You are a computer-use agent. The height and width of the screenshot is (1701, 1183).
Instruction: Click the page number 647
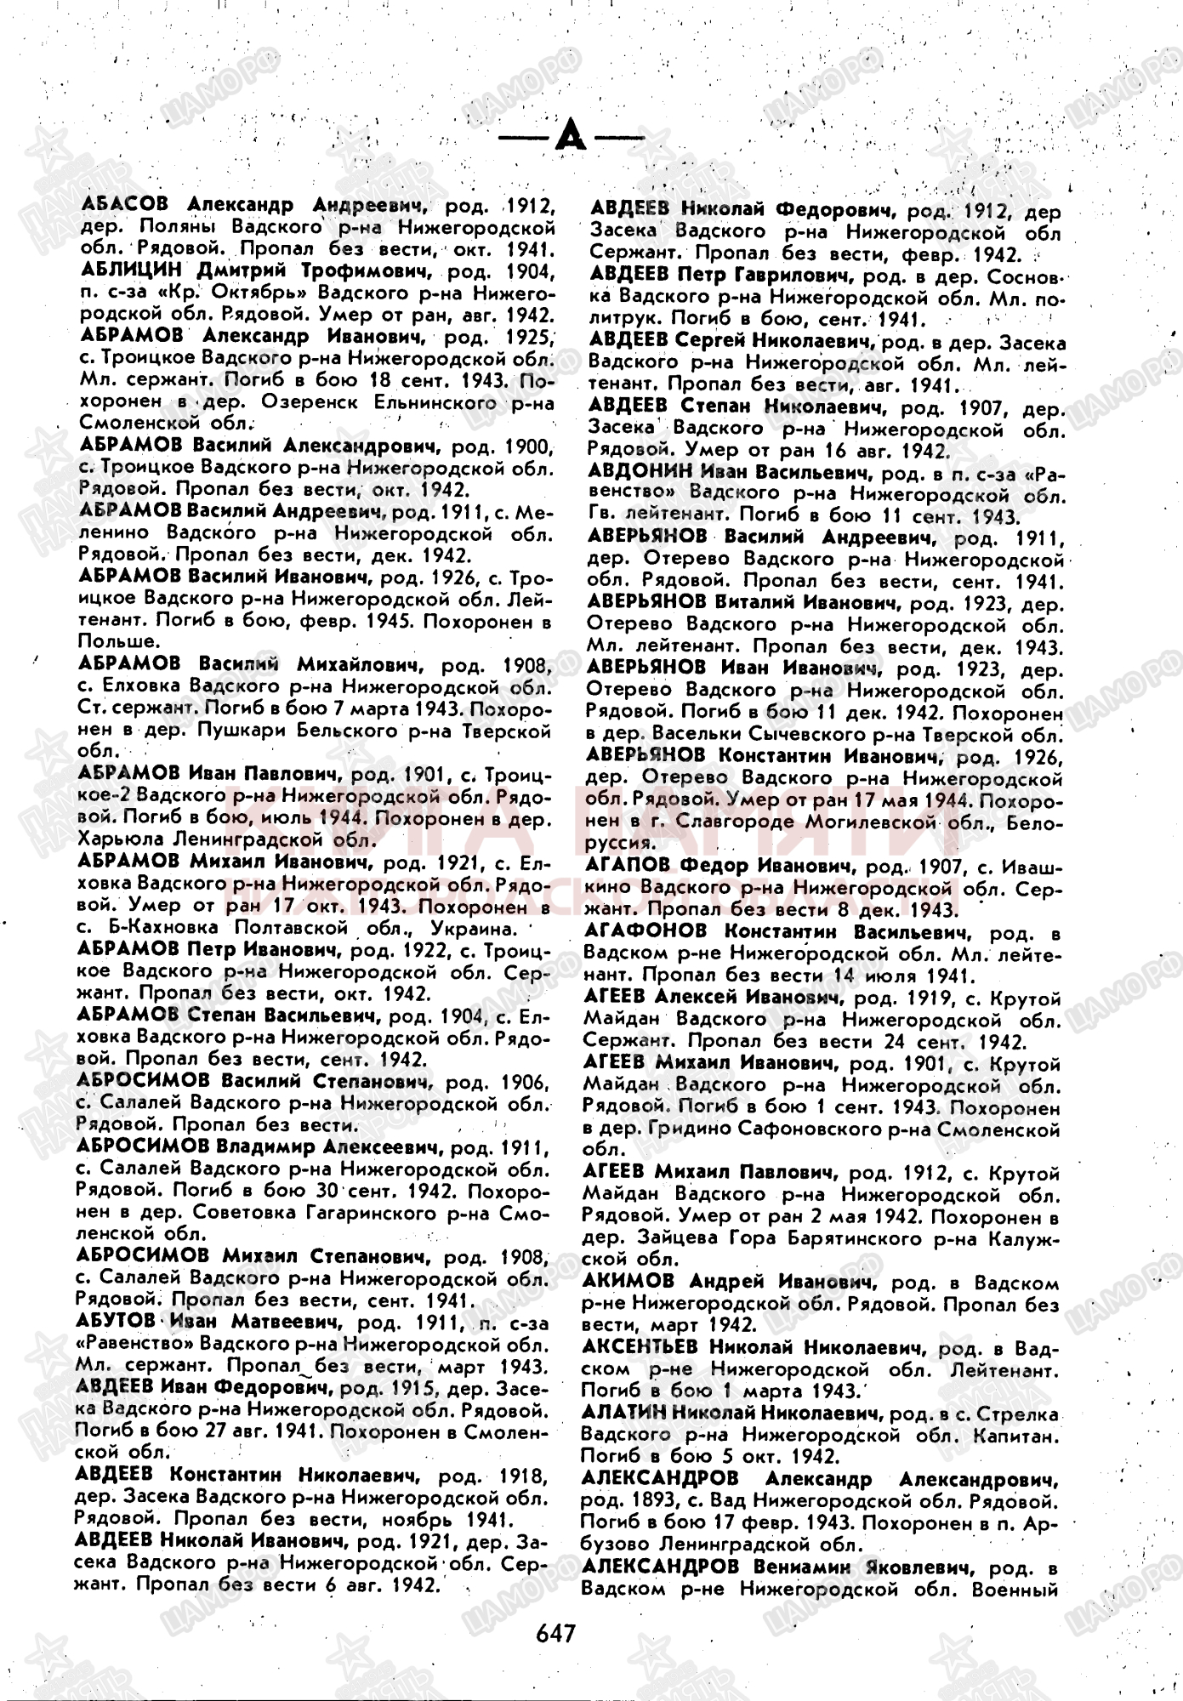coord(556,1633)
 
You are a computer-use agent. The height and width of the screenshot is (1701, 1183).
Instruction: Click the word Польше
coord(117,641)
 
